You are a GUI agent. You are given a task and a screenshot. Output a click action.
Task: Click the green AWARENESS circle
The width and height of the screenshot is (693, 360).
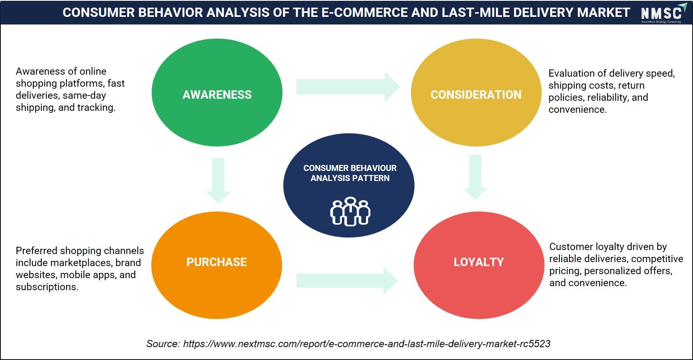[x=217, y=93]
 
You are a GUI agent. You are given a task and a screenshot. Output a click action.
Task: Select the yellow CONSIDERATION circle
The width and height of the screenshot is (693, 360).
[x=476, y=93]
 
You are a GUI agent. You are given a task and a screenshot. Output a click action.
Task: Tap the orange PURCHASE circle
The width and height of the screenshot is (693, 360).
[x=217, y=265]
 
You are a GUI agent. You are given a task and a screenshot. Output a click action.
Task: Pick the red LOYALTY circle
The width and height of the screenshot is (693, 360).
[x=479, y=265]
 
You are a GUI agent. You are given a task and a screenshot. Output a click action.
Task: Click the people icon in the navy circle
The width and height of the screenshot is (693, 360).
[x=350, y=212]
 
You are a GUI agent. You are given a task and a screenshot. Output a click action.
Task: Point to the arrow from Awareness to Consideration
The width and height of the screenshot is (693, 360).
[x=348, y=87]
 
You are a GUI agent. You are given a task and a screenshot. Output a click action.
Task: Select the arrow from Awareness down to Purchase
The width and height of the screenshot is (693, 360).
[x=218, y=181]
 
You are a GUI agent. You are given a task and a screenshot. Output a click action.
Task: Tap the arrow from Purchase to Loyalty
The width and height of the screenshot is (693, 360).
[x=347, y=281]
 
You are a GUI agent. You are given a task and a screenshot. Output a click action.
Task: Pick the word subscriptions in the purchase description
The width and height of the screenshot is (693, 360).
[x=47, y=287]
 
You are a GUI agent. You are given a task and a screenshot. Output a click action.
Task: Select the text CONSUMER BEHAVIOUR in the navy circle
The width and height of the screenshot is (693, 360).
[x=350, y=168]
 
